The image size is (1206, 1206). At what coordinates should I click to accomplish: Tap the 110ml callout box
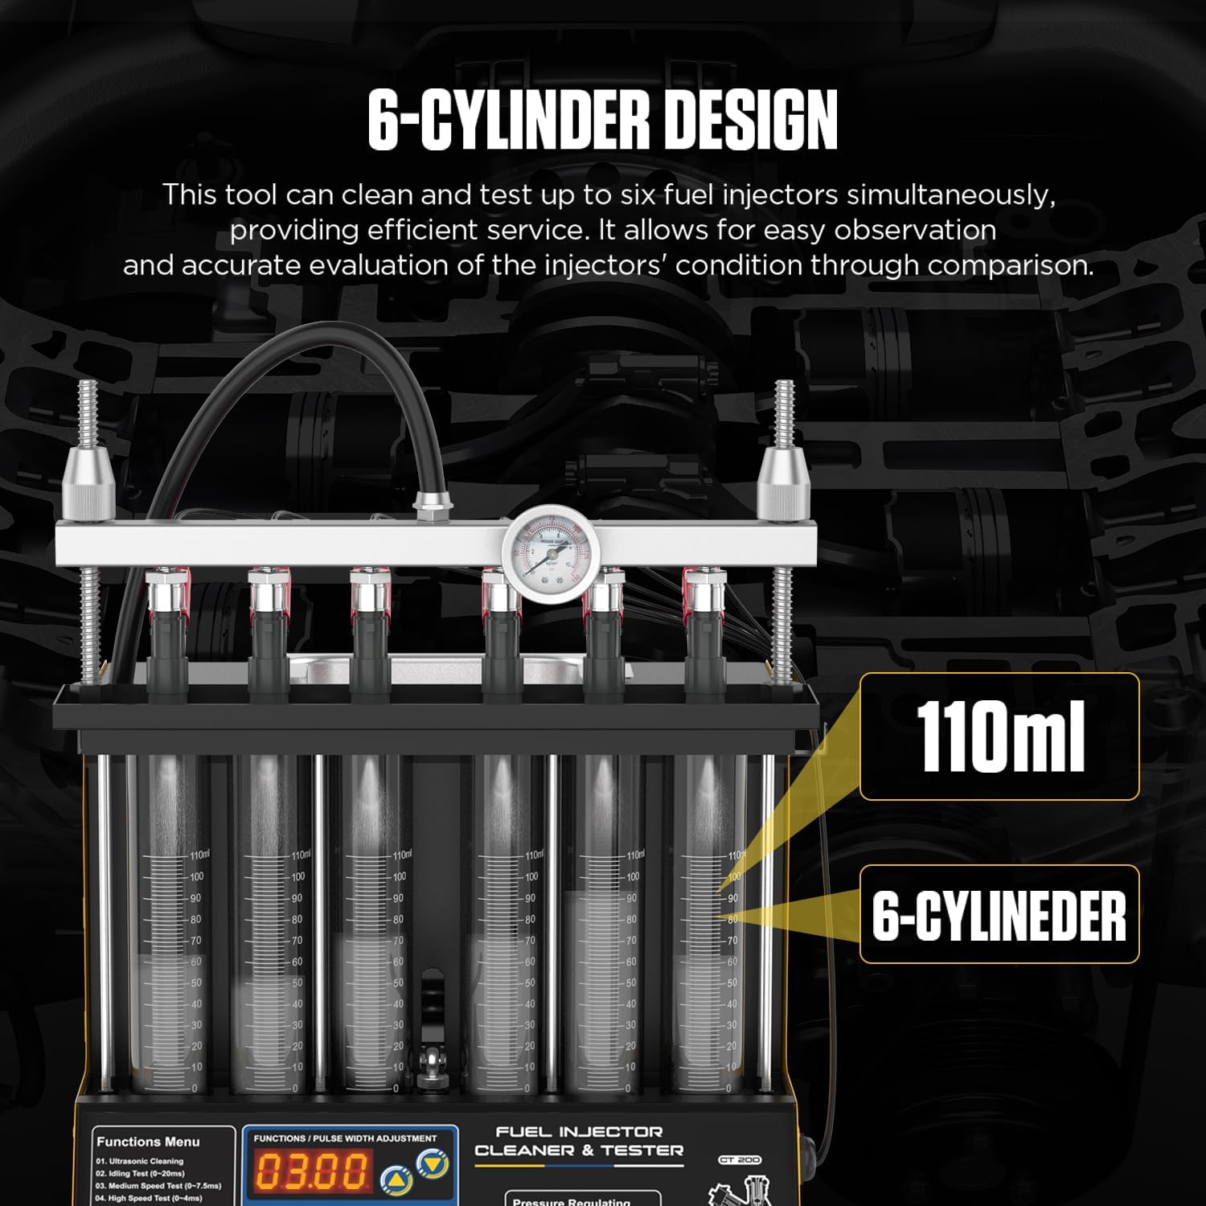(999, 736)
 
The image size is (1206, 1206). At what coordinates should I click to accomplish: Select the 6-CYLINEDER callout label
(999, 915)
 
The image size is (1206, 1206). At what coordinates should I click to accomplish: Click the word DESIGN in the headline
(751, 121)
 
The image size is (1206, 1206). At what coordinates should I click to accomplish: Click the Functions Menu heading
(148, 1142)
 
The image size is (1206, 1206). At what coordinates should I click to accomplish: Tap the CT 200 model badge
(739, 1160)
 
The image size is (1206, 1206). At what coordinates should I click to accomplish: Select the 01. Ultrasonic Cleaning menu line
(140, 1161)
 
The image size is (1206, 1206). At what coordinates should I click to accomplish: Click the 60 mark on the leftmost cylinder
(196, 962)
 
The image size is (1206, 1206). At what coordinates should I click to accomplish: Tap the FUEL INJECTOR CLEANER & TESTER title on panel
(579, 1142)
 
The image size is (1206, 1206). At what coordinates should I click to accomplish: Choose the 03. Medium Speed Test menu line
(158, 1186)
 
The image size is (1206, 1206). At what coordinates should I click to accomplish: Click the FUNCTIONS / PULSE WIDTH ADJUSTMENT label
(345, 1138)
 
